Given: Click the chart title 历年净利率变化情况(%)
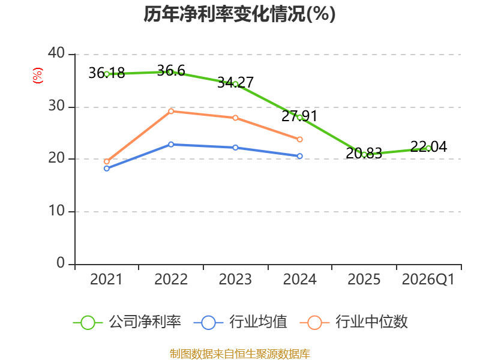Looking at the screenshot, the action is pos(239,14).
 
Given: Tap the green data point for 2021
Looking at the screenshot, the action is pos(107,74).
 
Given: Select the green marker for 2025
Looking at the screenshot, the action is pos(364,155).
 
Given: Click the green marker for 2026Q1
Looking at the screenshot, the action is pos(428,148).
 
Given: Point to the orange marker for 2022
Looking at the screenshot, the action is pos(171,111).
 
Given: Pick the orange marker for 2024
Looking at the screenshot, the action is pos(299,139).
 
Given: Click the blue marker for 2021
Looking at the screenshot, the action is pos(107,169).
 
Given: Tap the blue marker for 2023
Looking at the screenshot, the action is pos(235,148).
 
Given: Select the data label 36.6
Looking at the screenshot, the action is pos(171,70).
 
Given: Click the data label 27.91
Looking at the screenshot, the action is pos(299,116).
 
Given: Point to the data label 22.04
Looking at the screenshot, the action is pos(428,146).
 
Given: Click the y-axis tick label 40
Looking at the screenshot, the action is pos(56,53).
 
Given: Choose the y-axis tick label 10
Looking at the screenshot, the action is pos(56,211).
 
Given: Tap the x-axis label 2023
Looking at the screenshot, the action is pos(235,279).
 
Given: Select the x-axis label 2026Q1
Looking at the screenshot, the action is pos(428,280).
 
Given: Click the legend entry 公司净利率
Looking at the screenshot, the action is pos(127,322).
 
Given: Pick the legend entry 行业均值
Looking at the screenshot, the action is pos(241,322).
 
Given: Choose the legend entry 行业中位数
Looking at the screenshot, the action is pos(354,322).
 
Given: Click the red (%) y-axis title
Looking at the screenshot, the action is pos(38,76).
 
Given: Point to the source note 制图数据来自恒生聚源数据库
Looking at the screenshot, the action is pos(239,354).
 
